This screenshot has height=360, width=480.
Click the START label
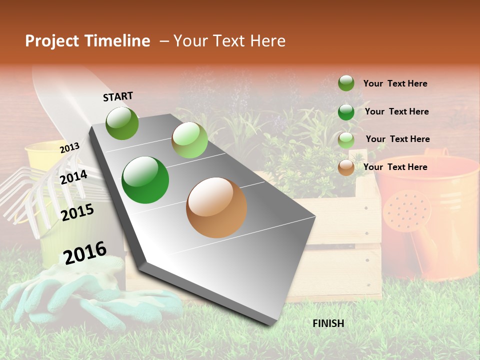pos(118,96)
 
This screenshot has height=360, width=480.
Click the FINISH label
pos(328,323)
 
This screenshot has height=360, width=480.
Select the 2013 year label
pos(69,147)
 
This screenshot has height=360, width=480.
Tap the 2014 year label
pos(73,177)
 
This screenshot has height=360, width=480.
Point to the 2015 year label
pos(77,212)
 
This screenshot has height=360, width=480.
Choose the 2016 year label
pos(85,252)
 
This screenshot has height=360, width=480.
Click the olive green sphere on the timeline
pos(122,123)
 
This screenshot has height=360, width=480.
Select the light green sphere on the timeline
pos(189,140)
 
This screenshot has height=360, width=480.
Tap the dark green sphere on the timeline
pos(145,180)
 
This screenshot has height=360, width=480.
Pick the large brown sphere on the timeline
pos(216,207)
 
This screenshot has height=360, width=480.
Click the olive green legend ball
pos(346,83)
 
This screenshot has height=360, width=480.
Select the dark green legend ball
pos(346,112)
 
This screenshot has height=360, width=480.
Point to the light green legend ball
pos(346,140)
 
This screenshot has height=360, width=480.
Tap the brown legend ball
pos(346,167)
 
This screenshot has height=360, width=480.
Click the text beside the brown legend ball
pos(395,167)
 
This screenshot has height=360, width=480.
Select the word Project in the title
pos(51,41)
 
